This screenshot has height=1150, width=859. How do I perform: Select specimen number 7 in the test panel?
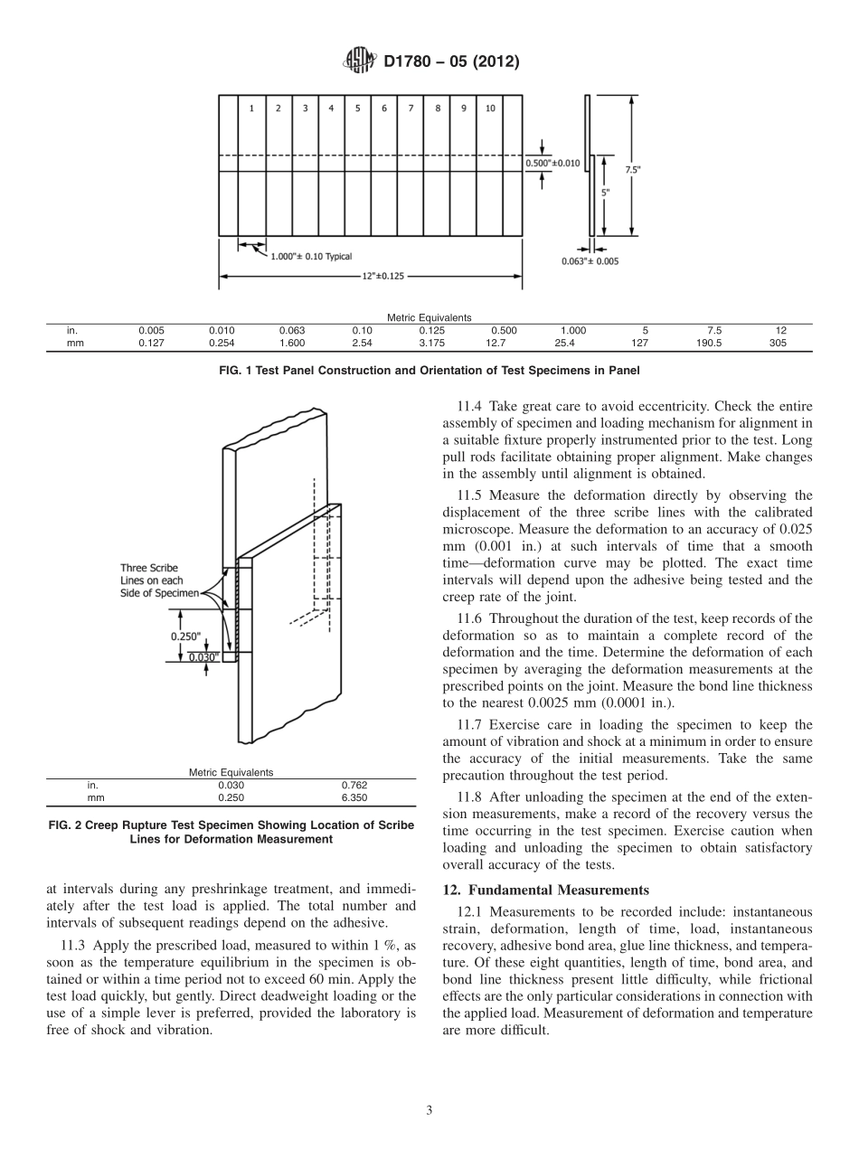[x=411, y=108]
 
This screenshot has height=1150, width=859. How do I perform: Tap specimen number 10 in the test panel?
[x=490, y=108]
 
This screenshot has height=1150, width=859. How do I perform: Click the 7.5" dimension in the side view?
[x=632, y=169]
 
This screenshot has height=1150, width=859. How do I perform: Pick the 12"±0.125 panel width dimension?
[x=371, y=277]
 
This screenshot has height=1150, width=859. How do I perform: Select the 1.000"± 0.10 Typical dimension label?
[x=311, y=257]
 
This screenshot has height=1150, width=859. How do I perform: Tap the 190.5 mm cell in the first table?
[x=713, y=343]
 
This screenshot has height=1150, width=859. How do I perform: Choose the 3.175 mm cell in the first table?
[x=429, y=343]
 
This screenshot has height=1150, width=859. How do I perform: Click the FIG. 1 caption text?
[x=429, y=370]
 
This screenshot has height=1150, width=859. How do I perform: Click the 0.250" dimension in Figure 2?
[x=185, y=636]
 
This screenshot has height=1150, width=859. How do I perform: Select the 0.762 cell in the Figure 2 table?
[x=354, y=786]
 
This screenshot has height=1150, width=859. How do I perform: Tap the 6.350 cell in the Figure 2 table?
[x=354, y=798]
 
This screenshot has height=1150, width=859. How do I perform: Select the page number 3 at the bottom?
[x=429, y=1110]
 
